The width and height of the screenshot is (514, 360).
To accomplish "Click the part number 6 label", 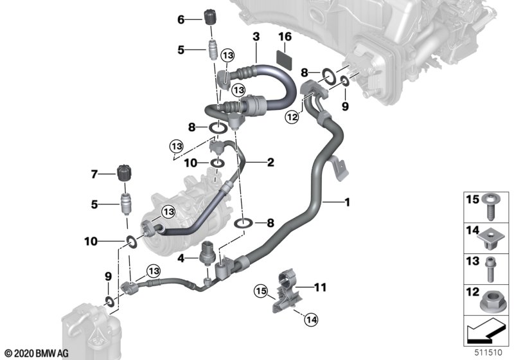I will pos(181,20).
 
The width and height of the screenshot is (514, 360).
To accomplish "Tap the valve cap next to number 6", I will pos(209,17).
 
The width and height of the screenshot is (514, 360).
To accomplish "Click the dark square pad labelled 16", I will pos(285,57).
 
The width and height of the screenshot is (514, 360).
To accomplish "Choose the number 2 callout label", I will pos(270,163).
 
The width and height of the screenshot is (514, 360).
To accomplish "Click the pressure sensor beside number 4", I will pos(208,253).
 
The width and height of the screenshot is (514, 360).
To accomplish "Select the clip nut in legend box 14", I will pos(490,239).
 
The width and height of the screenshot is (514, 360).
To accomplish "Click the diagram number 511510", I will pos(492,352).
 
